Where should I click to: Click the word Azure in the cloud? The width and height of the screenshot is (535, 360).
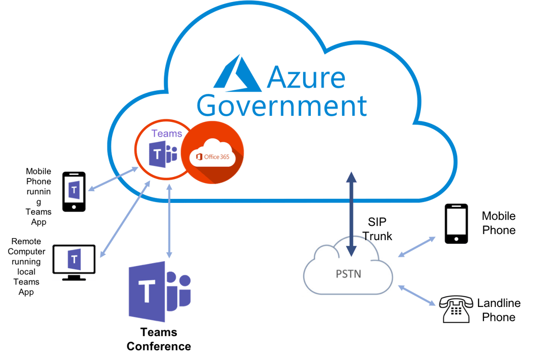pos(306,77)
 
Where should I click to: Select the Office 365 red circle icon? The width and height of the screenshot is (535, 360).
pos(212,152)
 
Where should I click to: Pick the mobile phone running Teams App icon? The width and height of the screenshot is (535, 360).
pos(74,191)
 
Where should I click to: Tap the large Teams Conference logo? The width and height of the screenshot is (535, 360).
pos(158,291)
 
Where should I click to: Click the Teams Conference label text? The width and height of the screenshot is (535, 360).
pos(158,340)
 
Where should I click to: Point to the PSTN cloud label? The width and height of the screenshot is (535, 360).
pos(349,273)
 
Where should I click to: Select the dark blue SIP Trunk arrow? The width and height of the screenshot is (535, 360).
pos(351,214)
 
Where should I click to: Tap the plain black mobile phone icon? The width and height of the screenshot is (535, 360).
pos(456,224)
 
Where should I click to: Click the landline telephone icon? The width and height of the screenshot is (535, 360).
pos(456,308)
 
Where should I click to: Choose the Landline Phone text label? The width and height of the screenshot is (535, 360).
pos(498,310)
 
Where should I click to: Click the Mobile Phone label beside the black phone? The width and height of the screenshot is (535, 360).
pos(498,223)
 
